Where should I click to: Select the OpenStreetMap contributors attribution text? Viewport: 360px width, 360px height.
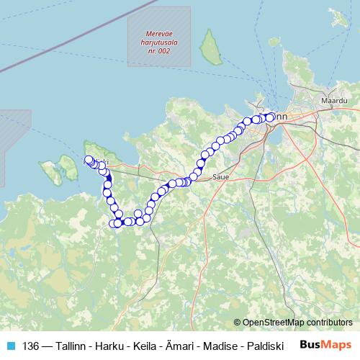coord(293,323)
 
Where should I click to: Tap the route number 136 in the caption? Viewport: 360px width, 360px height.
coord(31,345)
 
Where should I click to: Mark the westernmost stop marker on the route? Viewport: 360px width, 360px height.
coord(89,160)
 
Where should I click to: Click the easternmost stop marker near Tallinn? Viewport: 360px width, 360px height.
coord(271,117)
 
